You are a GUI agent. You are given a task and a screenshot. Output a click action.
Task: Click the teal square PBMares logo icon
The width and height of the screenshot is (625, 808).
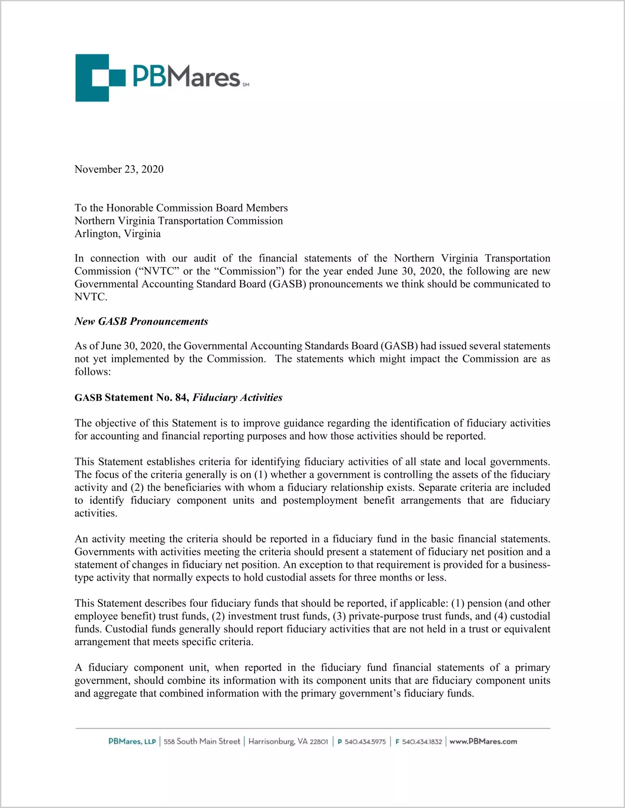point(100,78)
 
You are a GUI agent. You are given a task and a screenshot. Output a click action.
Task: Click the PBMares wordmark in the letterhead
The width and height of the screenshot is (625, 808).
point(186,76)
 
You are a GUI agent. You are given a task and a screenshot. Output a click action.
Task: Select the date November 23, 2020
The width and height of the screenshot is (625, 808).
point(119,169)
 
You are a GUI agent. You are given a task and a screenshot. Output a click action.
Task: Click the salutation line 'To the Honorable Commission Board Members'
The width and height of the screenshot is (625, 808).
point(181,208)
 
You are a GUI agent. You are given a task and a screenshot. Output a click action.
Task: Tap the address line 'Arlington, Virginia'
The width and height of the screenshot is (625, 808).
point(118,233)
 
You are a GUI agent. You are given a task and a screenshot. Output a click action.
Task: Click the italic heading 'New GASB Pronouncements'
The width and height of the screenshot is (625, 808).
point(141,321)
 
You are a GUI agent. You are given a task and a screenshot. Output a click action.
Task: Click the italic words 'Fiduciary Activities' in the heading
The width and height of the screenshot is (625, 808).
point(237,398)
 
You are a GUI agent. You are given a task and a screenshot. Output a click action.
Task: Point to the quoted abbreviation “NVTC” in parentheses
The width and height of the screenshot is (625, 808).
point(157,271)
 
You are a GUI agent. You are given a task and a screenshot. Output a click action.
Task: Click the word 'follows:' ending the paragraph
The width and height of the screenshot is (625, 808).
point(92,372)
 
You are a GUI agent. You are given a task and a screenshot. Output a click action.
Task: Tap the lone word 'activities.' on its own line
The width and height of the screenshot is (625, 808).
point(96,513)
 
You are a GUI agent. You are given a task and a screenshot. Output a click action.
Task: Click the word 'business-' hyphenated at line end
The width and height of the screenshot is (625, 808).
point(529,565)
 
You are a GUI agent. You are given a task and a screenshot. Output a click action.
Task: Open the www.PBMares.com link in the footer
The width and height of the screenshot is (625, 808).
point(483,741)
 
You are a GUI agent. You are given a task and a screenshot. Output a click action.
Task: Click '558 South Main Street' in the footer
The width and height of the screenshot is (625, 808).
point(202,741)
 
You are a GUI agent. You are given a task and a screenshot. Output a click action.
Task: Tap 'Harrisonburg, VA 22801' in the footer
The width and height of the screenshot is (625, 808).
point(288,741)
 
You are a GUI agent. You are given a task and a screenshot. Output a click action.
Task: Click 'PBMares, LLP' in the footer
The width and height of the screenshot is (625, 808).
point(132,741)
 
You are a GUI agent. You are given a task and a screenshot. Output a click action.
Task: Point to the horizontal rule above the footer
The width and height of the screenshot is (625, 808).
point(312,728)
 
